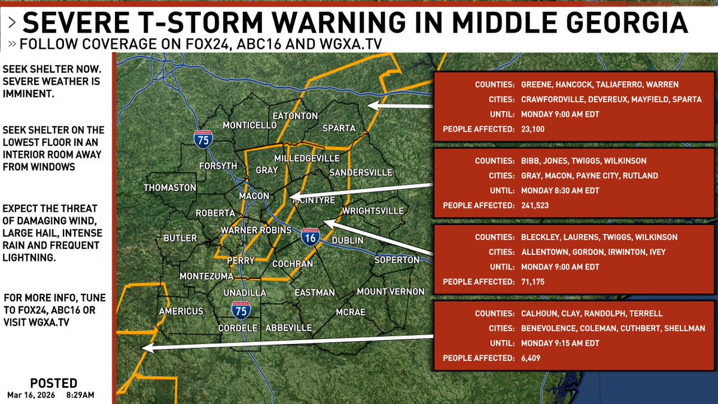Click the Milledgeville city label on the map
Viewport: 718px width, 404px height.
(306, 158)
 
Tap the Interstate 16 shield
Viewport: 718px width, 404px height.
(309, 237)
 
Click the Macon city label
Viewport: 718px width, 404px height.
(254, 196)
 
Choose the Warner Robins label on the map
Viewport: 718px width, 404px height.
(256, 230)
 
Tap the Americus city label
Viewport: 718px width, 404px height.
(181, 311)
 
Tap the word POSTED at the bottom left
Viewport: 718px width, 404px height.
(53, 383)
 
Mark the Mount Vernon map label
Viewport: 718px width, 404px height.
(390, 291)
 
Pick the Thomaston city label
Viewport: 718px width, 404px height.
(170, 187)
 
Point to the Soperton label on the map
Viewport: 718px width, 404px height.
(397, 260)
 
